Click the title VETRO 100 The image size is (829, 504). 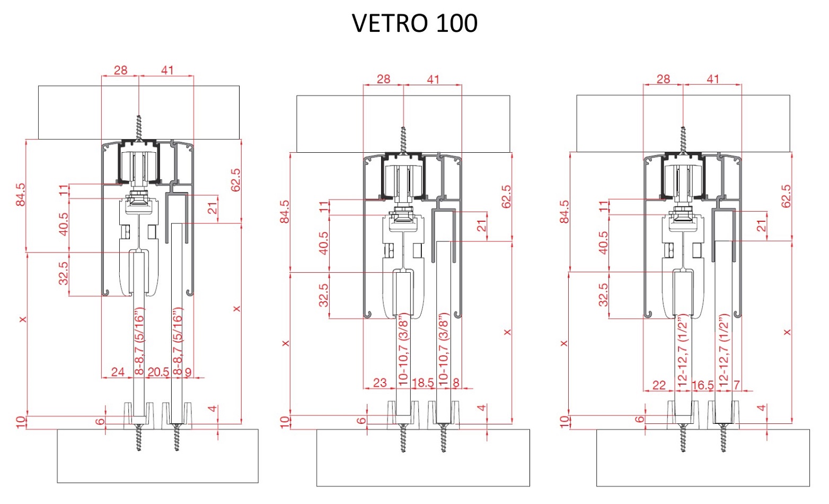tap(414, 23)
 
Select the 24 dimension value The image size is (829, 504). tap(118, 371)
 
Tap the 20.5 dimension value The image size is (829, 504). tap(158, 372)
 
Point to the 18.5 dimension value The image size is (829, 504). tap(422, 383)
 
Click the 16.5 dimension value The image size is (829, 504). tap(703, 385)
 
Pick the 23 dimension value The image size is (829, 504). tap(380, 383)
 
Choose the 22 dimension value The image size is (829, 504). tap(659, 385)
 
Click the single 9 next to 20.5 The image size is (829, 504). tap(188, 372)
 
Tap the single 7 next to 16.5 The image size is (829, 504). tap(737, 385)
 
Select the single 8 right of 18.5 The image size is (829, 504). tap(456, 383)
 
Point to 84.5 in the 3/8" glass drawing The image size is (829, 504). tap(285, 212)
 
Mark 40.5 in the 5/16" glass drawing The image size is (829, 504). tap(63, 224)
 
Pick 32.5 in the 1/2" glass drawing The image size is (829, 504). tap(603, 294)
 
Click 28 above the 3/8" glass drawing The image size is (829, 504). tap(383, 79)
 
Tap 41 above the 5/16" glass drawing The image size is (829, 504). tap(167, 70)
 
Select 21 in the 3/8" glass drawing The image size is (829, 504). tap(481, 225)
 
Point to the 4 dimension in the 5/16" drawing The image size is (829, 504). tap(212, 409)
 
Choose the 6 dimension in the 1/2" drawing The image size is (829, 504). tap(640, 419)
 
